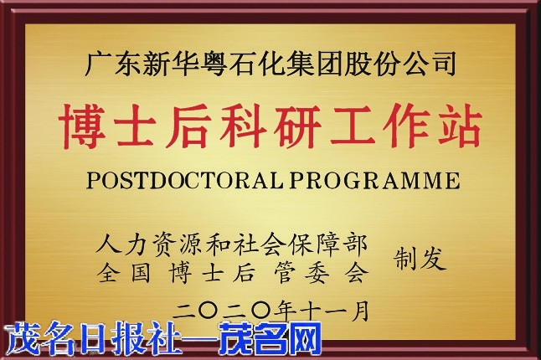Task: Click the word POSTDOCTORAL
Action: (184, 180)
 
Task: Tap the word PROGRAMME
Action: (374, 180)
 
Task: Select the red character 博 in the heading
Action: (82, 126)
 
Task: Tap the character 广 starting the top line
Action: (98, 64)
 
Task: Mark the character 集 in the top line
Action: (301, 64)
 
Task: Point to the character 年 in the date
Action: (286, 311)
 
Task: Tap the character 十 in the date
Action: (312, 311)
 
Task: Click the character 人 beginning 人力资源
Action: (109, 244)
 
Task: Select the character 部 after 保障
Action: (355, 244)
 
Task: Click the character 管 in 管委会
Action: (285, 272)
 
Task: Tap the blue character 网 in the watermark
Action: (305, 338)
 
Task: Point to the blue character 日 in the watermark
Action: (92, 338)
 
